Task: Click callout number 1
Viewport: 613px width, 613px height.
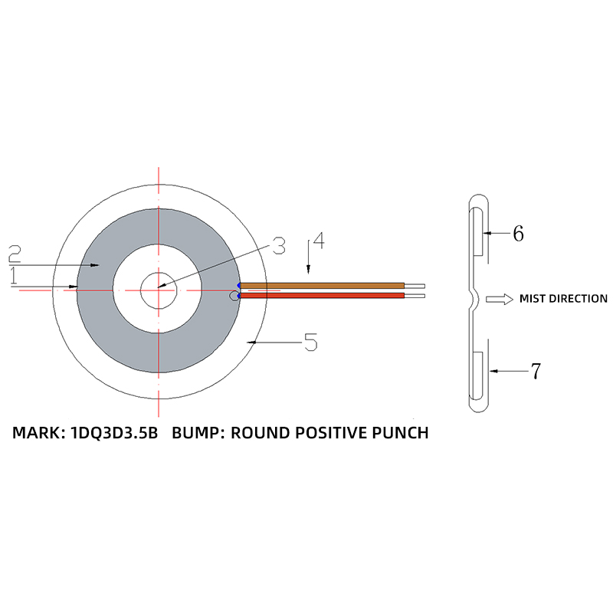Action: point(14,277)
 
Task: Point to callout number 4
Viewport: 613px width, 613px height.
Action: point(318,241)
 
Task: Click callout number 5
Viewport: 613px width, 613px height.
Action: point(310,343)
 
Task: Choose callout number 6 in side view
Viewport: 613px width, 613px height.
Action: point(518,234)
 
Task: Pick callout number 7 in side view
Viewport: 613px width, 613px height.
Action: point(536,372)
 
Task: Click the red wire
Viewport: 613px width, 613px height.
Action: point(322,295)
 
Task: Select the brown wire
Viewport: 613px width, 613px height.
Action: point(322,285)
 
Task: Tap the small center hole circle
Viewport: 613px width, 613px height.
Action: point(159,289)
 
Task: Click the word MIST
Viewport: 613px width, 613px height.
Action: point(535,299)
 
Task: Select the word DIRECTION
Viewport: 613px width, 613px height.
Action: point(579,299)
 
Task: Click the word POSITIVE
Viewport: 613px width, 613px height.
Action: point(322,433)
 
